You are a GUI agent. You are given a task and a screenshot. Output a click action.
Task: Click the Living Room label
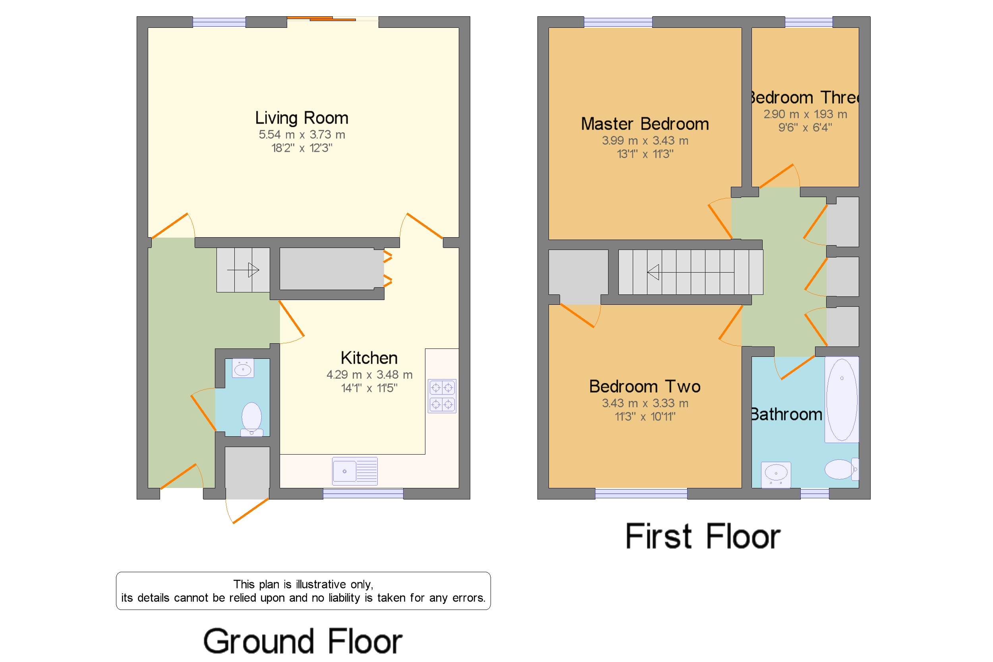pos(301,118)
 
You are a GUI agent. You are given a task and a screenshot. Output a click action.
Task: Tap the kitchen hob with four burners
pos(442,396)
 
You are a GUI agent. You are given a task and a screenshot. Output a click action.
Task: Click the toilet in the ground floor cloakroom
pos(251,418)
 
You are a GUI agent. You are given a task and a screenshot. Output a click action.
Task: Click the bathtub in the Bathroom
pos(841,399)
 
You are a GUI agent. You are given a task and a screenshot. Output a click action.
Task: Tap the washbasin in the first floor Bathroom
pos(776,473)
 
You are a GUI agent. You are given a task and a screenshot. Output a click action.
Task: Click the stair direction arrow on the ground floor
pos(253,270)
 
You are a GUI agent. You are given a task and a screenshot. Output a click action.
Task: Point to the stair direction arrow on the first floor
pos(653,272)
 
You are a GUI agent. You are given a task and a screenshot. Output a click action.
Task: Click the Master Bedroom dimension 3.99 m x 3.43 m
pos(644,141)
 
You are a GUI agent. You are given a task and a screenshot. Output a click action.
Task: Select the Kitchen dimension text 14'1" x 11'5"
pos(369,388)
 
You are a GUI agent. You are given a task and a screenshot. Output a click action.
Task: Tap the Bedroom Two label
pos(644,386)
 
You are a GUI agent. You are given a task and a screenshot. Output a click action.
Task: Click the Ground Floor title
pos(302,641)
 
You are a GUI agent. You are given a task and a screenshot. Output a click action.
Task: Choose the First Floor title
pos(702,536)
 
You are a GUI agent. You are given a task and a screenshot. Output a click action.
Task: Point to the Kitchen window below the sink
pos(363,493)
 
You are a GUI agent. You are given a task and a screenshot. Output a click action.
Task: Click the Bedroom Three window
pos(808,22)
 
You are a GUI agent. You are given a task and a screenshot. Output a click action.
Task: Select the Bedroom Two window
pos(641,493)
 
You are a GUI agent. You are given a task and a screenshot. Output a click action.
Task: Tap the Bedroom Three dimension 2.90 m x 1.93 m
pos(805,114)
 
